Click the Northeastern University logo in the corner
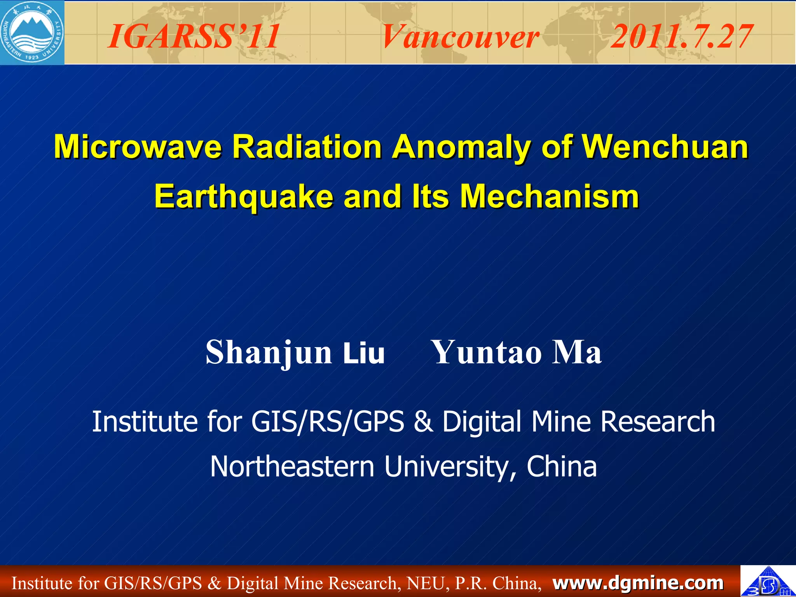pos(32,32)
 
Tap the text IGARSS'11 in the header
pos(193,37)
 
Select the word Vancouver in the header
pos(460,37)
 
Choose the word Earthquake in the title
pos(244,197)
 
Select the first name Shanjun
pos(268,353)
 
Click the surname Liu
pos(364,353)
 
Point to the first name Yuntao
pos(487,352)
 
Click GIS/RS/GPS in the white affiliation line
pos(328,422)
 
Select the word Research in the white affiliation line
pos(658,422)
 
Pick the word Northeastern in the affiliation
pos(292,466)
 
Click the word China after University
pos(561,466)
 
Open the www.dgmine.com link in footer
pos(638,583)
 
